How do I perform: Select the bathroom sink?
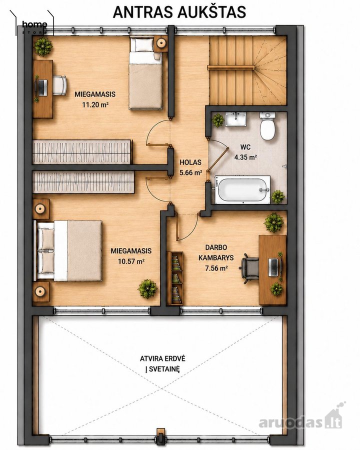pyautogui.click(x=235, y=119)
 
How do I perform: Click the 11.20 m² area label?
pyautogui.click(x=95, y=104)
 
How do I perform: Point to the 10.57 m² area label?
pyautogui.click(x=131, y=261)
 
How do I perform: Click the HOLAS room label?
pyautogui.click(x=190, y=162)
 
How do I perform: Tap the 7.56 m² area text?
pyautogui.click(x=216, y=268)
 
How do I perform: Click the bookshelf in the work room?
pyautogui.click(x=175, y=278)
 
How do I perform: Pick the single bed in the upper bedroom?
pyautogui.click(x=145, y=73)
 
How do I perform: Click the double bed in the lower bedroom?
pyautogui.click(x=68, y=250)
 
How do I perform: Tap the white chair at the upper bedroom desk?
pyautogui.click(x=59, y=85)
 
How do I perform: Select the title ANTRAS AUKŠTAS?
pyautogui.click(x=179, y=12)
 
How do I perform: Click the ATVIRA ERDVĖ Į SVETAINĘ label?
pyautogui.click(x=163, y=363)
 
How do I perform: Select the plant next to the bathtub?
pyautogui.click(x=278, y=196)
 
